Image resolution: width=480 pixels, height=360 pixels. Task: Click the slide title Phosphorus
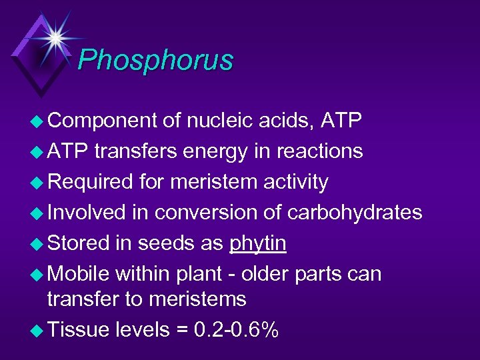tap(155, 61)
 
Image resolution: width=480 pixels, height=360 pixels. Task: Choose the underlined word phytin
tap(258, 244)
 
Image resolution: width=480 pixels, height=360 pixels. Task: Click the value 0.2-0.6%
tap(236, 330)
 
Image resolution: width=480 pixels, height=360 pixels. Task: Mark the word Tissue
tap(79, 330)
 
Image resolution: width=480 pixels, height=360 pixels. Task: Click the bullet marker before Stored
tap(38, 244)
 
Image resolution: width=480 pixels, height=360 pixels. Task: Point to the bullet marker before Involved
tap(38, 213)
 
